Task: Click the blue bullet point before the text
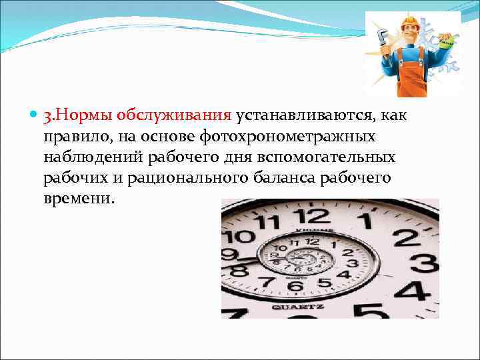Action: (34, 116)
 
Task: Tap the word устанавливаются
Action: (303, 116)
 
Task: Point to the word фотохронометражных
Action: (294, 137)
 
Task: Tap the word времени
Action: (79, 199)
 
